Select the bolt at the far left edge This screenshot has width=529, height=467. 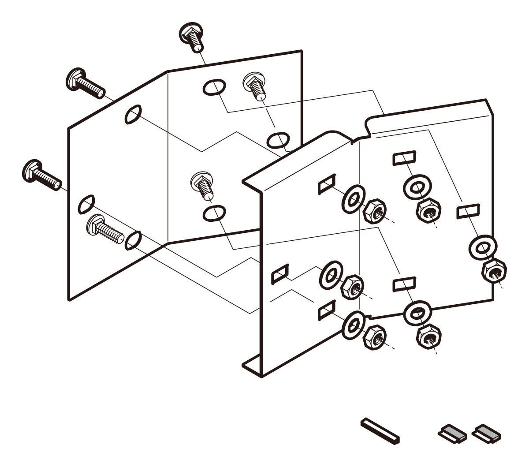click(x=41, y=175)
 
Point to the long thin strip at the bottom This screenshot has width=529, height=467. click(x=380, y=430)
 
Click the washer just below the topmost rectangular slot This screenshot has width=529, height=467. click(x=417, y=188)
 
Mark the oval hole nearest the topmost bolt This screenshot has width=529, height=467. click(x=214, y=87)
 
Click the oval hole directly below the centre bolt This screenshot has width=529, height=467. click(x=214, y=214)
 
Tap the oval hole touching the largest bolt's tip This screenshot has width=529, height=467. click(x=134, y=240)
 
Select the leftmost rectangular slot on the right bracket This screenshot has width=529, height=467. click(x=280, y=274)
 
